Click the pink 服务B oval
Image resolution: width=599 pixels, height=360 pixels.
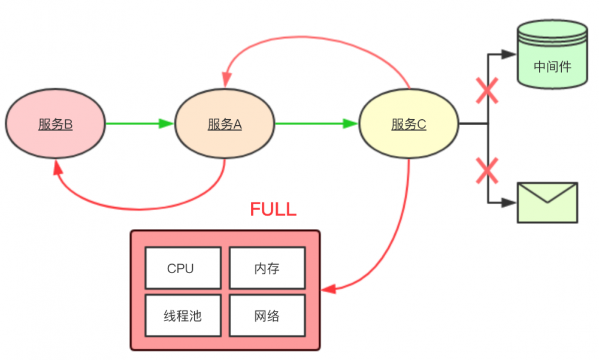(55, 124)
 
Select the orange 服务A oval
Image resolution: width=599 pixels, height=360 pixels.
(225, 124)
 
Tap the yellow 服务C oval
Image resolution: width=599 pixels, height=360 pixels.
(409, 124)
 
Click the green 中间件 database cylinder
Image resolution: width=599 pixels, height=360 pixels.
(552, 55)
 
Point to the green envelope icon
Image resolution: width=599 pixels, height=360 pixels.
(547, 203)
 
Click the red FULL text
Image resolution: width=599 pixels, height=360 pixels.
(273, 209)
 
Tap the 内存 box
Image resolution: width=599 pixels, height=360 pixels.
(267, 268)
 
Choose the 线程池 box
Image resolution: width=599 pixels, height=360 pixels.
(183, 316)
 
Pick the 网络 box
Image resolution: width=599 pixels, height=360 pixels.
(267, 316)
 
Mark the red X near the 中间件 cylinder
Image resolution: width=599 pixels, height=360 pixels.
(487, 91)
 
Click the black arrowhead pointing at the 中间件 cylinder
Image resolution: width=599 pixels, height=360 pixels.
(509, 54)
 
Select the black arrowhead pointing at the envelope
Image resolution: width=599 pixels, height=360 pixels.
(509, 203)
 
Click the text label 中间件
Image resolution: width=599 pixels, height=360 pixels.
(552, 66)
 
